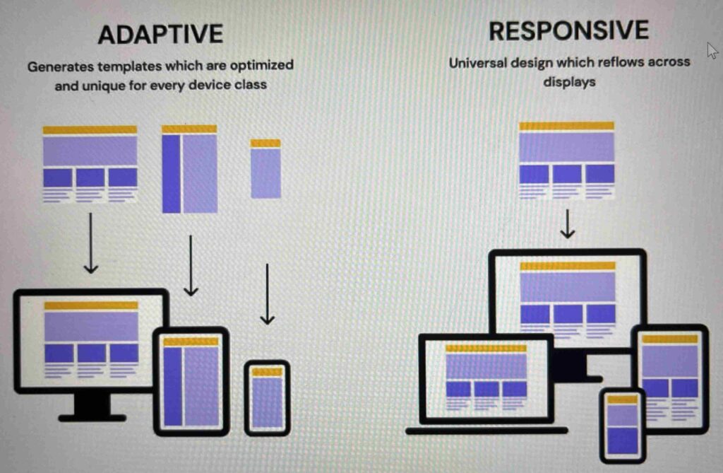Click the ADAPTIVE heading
[160, 34]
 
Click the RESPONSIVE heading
[568, 30]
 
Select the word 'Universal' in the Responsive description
[478, 62]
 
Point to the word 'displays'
[570, 82]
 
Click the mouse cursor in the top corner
[712, 50]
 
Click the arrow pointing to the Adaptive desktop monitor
[90, 243]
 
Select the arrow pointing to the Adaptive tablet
[191, 266]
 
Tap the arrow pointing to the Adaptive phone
[268, 294]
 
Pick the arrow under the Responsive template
[568, 224]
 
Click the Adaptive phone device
[267, 398]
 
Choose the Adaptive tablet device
[191, 382]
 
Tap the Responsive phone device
[623, 425]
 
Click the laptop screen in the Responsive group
[486, 378]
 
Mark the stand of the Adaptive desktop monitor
[92, 407]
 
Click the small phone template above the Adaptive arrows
[265, 169]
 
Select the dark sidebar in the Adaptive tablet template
[171, 174]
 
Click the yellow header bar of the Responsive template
[567, 126]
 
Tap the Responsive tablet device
[670, 379]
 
